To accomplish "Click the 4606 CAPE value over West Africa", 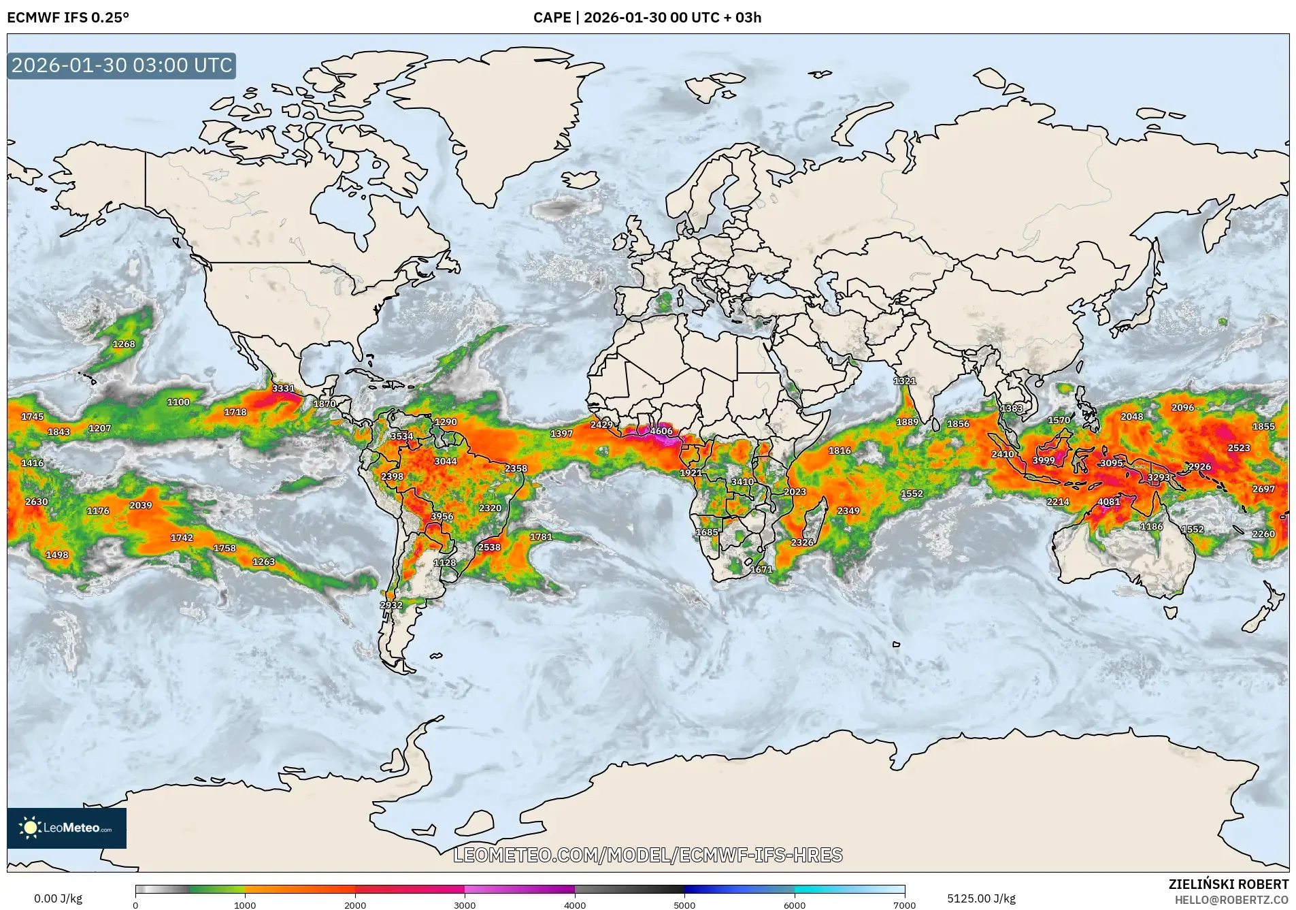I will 661,431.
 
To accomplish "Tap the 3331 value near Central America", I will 283,389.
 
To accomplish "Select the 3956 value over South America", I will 442,516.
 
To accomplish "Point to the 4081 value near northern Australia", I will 1108,502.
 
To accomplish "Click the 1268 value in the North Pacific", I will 124,344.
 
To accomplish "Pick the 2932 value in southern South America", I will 391,604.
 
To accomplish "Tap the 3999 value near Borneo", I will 1043,460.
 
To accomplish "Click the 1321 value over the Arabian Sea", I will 904,381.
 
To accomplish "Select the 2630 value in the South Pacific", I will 37,502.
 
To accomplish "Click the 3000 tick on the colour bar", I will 465,905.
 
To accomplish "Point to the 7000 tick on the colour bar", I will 904,905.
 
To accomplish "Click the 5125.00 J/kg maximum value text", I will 981,898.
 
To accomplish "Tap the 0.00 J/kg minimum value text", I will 58,898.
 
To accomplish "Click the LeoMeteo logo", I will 67,828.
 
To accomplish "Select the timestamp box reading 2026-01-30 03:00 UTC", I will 122,65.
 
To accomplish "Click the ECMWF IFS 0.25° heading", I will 68,18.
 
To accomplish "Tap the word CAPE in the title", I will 552,18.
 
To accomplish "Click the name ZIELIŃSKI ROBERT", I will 1228,884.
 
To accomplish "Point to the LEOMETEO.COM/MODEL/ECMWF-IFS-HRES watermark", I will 648,855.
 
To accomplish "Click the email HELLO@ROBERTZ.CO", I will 1231,900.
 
